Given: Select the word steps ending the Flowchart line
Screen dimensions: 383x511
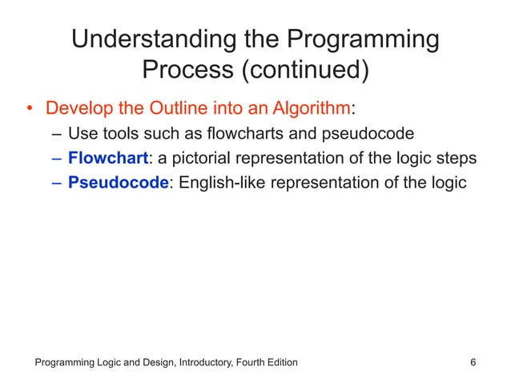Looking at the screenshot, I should [457, 157].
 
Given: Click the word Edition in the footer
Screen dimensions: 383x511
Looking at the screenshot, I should [276, 363].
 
